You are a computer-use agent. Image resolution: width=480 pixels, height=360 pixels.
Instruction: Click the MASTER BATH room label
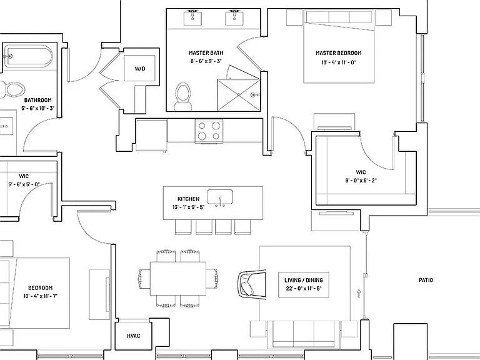206,53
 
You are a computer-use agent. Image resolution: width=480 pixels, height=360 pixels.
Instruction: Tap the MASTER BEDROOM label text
339,53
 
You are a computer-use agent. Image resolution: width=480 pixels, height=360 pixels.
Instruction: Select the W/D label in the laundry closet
140,69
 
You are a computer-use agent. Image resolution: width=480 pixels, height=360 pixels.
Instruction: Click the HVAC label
134,336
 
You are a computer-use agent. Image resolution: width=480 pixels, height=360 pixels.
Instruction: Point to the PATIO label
426,280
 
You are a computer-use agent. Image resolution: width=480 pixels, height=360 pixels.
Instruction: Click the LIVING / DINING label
304,280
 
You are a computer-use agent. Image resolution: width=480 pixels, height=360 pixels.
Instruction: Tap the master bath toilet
183,96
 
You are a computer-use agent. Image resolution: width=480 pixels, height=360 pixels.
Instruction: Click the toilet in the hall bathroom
13,89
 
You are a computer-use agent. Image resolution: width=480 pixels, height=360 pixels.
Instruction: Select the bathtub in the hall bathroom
28,56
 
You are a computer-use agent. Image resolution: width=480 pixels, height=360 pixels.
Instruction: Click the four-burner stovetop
209,131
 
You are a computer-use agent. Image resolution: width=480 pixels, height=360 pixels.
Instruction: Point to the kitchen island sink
220,197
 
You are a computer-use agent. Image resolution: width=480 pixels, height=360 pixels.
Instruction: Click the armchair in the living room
252,284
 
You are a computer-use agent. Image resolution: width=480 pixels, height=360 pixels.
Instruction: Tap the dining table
178,278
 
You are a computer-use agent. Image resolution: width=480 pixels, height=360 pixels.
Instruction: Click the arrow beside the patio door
359,293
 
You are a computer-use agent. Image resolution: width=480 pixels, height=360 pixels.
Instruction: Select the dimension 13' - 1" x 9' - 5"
189,207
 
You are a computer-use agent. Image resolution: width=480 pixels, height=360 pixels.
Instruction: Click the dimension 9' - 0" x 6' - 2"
361,181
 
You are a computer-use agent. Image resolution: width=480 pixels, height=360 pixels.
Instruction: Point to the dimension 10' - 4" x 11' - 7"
41,296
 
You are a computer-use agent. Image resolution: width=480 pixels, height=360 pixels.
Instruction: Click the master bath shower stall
239,95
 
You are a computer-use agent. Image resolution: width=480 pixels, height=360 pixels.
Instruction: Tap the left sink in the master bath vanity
192,17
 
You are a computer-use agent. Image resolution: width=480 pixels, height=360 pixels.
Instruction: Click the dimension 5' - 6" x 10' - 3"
38,108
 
